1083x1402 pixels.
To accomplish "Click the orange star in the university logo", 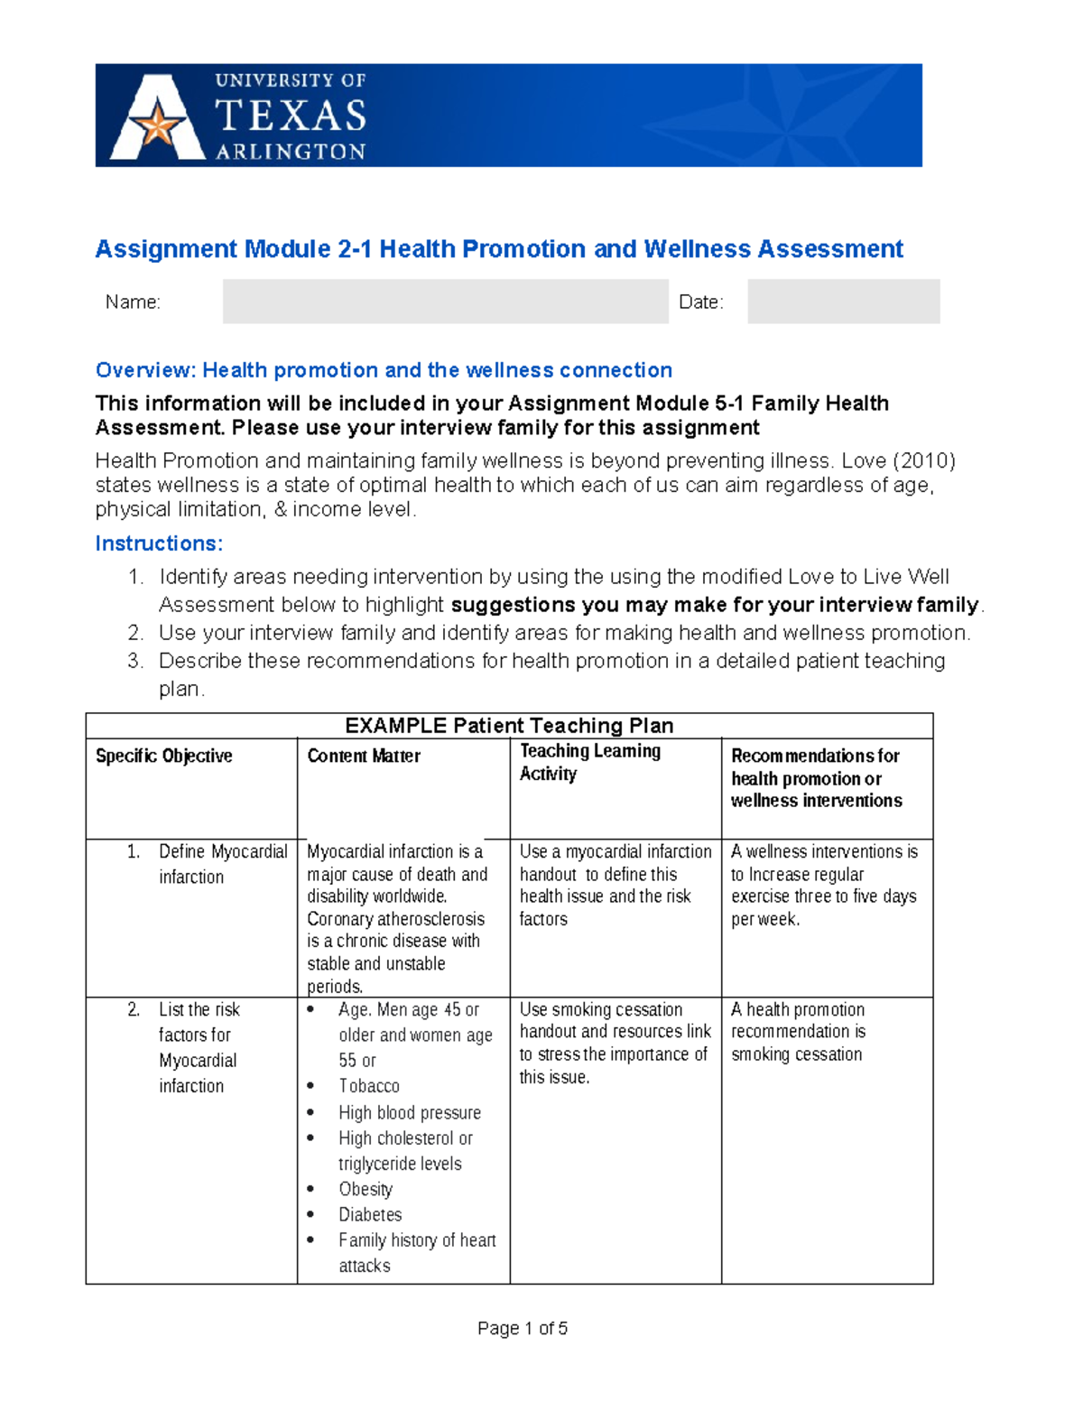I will tap(158, 124).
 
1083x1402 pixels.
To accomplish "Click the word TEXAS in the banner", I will tap(290, 116).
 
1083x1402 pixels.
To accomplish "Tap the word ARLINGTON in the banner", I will tap(290, 152).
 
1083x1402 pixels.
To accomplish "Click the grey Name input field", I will tap(445, 302).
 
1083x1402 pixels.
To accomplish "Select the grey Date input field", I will tap(843, 302).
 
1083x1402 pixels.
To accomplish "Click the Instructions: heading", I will tap(159, 543).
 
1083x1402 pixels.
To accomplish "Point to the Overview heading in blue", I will tap(384, 370).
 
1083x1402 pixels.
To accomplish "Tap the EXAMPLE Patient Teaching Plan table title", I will tap(509, 726).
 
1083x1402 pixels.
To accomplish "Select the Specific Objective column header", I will tap(164, 756).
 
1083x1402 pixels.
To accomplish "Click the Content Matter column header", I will tap(364, 756).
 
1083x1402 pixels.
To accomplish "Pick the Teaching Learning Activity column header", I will tap(589, 762).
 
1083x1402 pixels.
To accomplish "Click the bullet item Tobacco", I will tap(369, 1086).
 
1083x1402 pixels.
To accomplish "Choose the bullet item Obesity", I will tap(366, 1189).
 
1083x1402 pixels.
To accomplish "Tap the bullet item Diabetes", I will tap(370, 1214).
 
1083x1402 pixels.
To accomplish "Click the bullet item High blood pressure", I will tap(410, 1112).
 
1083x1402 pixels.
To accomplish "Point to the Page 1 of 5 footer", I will tap(523, 1328).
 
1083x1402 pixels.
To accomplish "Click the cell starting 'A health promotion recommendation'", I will tap(798, 1032).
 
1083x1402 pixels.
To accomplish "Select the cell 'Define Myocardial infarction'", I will tap(222, 864).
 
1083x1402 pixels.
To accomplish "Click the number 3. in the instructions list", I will tap(135, 661).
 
